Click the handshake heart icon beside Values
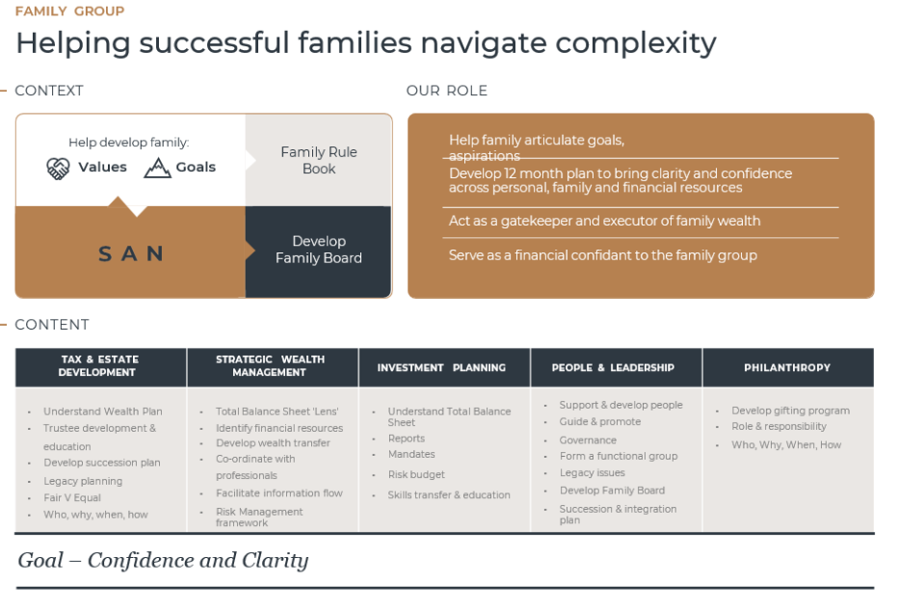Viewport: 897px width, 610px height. [58, 169]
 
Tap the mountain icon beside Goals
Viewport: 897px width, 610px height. [157, 168]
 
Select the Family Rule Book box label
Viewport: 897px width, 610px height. [319, 160]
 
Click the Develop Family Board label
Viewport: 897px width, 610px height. [319, 250]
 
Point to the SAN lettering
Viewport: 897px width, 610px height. [131, 253]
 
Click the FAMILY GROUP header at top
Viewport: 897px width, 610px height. [69, 11]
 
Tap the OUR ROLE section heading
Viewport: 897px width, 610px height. [447, 91]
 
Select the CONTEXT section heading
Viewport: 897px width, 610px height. [49, 91]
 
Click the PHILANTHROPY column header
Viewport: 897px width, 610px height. [787, 367]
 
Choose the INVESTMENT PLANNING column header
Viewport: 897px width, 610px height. [441, 367]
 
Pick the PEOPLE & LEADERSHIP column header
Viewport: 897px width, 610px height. [613, 367]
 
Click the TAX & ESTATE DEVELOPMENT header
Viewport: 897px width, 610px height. [99, 365]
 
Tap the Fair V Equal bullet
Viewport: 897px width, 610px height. [72, 498]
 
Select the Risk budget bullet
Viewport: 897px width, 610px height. [416, 474]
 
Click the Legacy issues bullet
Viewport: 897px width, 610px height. [593, 472]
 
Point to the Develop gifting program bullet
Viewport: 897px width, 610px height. [791, 411]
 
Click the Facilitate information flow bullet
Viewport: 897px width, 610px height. [279, 492]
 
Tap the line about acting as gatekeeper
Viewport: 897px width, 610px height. [605, 221]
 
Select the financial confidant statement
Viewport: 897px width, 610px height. [603, 255]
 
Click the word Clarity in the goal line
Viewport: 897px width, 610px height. [276, 560]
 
